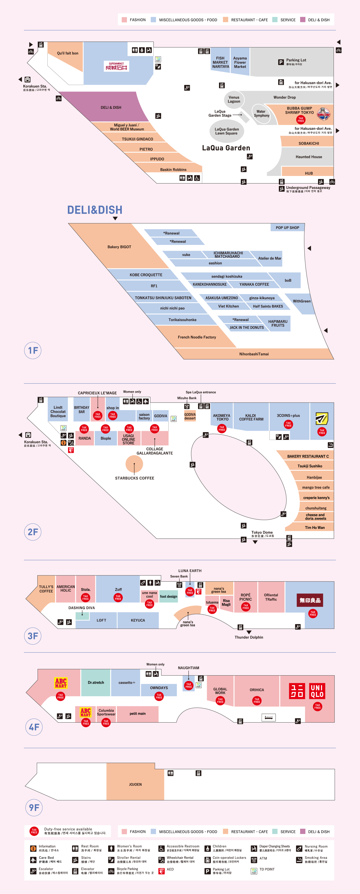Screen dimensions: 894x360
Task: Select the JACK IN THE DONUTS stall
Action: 246,328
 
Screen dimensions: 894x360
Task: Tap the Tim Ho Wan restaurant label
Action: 315,527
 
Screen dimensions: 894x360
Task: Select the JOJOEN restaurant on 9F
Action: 135,784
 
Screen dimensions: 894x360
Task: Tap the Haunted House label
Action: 309,157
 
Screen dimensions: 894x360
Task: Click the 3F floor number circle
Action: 33,636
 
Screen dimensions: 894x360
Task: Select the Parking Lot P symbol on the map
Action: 281,62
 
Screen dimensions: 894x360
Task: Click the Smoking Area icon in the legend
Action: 299,860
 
